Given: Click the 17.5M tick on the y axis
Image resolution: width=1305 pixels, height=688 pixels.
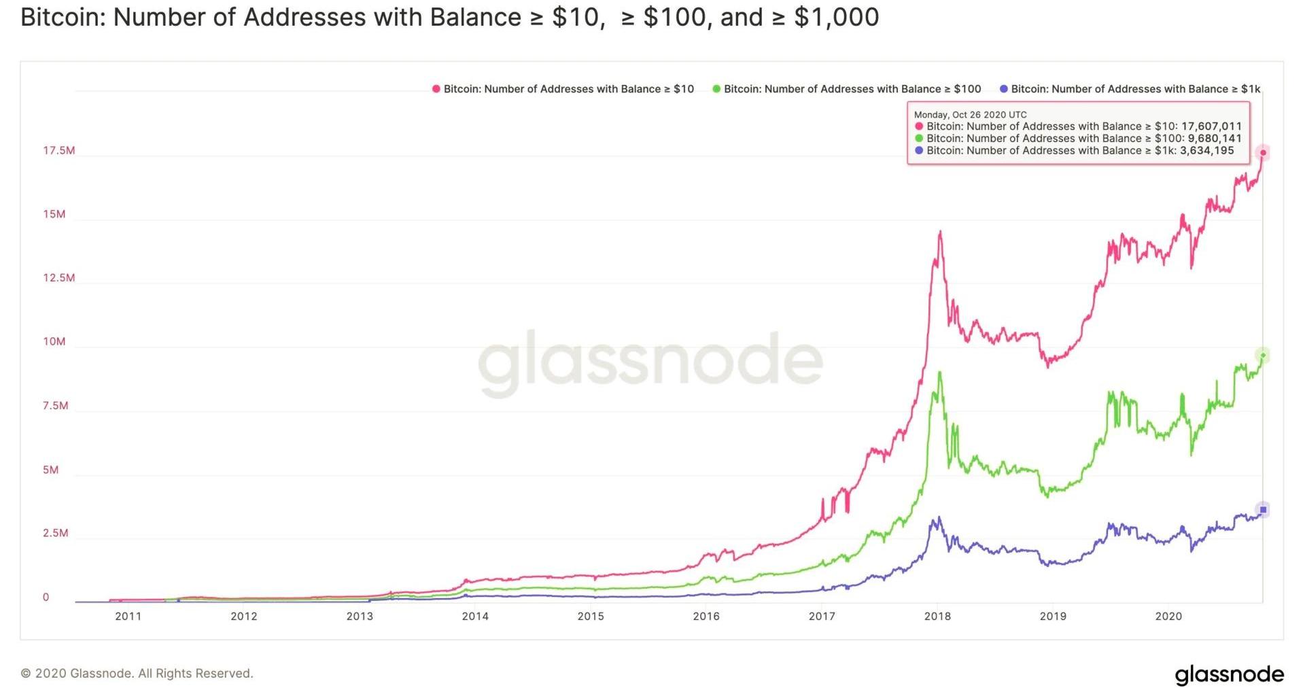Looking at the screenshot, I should [x=58, y=150].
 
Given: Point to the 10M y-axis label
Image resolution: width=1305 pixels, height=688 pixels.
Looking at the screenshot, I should [x=54, y=341].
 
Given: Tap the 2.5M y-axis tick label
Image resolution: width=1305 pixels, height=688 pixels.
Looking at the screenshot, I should [x=55, y=533].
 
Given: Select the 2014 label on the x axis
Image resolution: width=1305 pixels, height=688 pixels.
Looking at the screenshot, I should [x=475, y=617].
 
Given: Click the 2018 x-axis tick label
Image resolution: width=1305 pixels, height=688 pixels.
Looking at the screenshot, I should [x=937, y=617].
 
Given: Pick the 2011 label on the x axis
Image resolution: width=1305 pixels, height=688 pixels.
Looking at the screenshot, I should [x=128, y=617].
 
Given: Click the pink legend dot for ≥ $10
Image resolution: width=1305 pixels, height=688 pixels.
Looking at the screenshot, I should [x=436, y=89].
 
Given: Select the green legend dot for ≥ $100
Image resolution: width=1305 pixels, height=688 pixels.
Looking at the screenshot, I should [x=716, y=89].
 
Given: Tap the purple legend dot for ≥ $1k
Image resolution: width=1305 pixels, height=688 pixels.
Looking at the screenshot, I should [x=1003, y=89].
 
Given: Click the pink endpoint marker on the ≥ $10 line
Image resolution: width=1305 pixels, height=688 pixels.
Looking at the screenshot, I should [x=1263, y=152].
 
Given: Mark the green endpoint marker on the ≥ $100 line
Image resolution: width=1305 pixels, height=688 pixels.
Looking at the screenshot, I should [x=1263, y=355].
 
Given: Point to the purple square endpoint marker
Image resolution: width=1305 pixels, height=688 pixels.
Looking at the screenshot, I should [x=1263, y=510].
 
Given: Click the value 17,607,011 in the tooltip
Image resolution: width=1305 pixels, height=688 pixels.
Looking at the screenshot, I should [x=1211, y=126].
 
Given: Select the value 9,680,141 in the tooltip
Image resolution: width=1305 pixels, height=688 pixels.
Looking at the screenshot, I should [x=1215, y=139].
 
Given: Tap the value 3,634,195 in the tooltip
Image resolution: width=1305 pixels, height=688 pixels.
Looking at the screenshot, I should [x=1206, y=151].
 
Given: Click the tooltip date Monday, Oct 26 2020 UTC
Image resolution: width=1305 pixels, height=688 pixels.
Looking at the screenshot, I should [x=970, y=115].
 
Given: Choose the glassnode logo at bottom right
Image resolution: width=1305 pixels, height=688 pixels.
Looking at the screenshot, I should [x=1230, y=674].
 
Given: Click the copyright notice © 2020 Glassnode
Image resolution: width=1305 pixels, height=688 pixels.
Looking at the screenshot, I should [x=137, y=674].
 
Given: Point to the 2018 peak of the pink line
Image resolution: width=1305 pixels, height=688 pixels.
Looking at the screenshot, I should [x=940, y=232].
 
